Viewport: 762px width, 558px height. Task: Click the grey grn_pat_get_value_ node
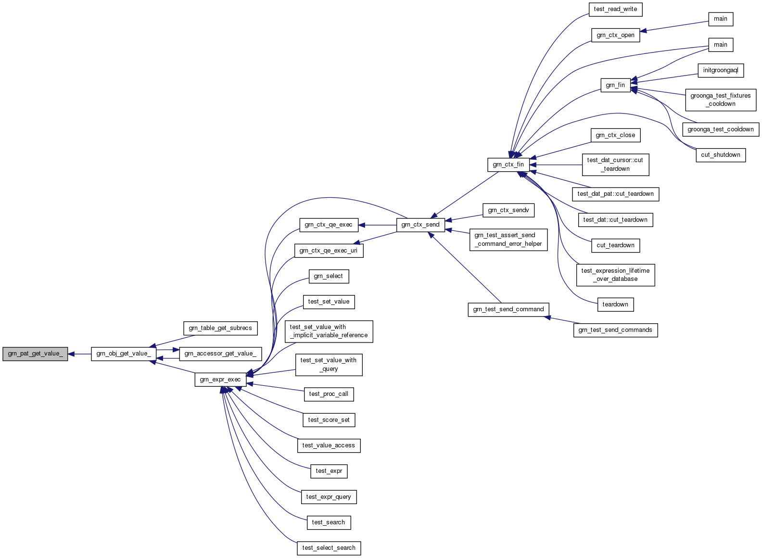pyautogui.click(x=35, y=354)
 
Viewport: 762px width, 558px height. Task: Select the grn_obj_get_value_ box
pyautogui.click(x=124, y=354)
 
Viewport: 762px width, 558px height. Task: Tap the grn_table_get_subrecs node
pyautogui.click(x=220, y=328)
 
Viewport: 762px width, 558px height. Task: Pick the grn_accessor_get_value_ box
pyautogui.click(x=220, y=354)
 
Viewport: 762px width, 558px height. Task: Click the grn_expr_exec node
pyautogui.click(x=220, y=380)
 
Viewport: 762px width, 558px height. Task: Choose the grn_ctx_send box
pyautogui.click(x=420, y=225)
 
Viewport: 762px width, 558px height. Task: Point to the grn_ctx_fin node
pyautogui.click(x=508, y=165)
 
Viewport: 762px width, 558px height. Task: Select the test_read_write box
pyautogui.click(x=615, y=9)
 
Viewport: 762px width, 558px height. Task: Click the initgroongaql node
pyautogui.click(x=721, y=70)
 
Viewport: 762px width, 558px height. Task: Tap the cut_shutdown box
pyautogui.click(x=721, y=155)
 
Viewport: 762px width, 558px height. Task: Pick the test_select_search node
pyautogui.click(x=329, y=548)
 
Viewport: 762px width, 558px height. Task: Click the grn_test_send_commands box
pyautogui.click(x=615, y=330)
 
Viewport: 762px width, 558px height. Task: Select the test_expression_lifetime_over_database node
pyautogui.click(x=615, y=275)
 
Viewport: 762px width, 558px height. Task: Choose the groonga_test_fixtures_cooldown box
pyautogui.click(x=721, y=100)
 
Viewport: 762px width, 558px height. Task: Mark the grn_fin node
pyautogui.click(x=615, y=85)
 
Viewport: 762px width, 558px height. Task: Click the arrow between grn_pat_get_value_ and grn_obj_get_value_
pyautogui.click(x=79, y=354)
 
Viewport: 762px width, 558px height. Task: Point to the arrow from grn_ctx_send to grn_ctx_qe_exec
pyautogui.click(x=377, y=225)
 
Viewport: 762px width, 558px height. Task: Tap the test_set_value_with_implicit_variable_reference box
pyautogui.click(x=329, y=331)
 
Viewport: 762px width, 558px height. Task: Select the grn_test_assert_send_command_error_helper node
pyautogui.click(x=508, y=240)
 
